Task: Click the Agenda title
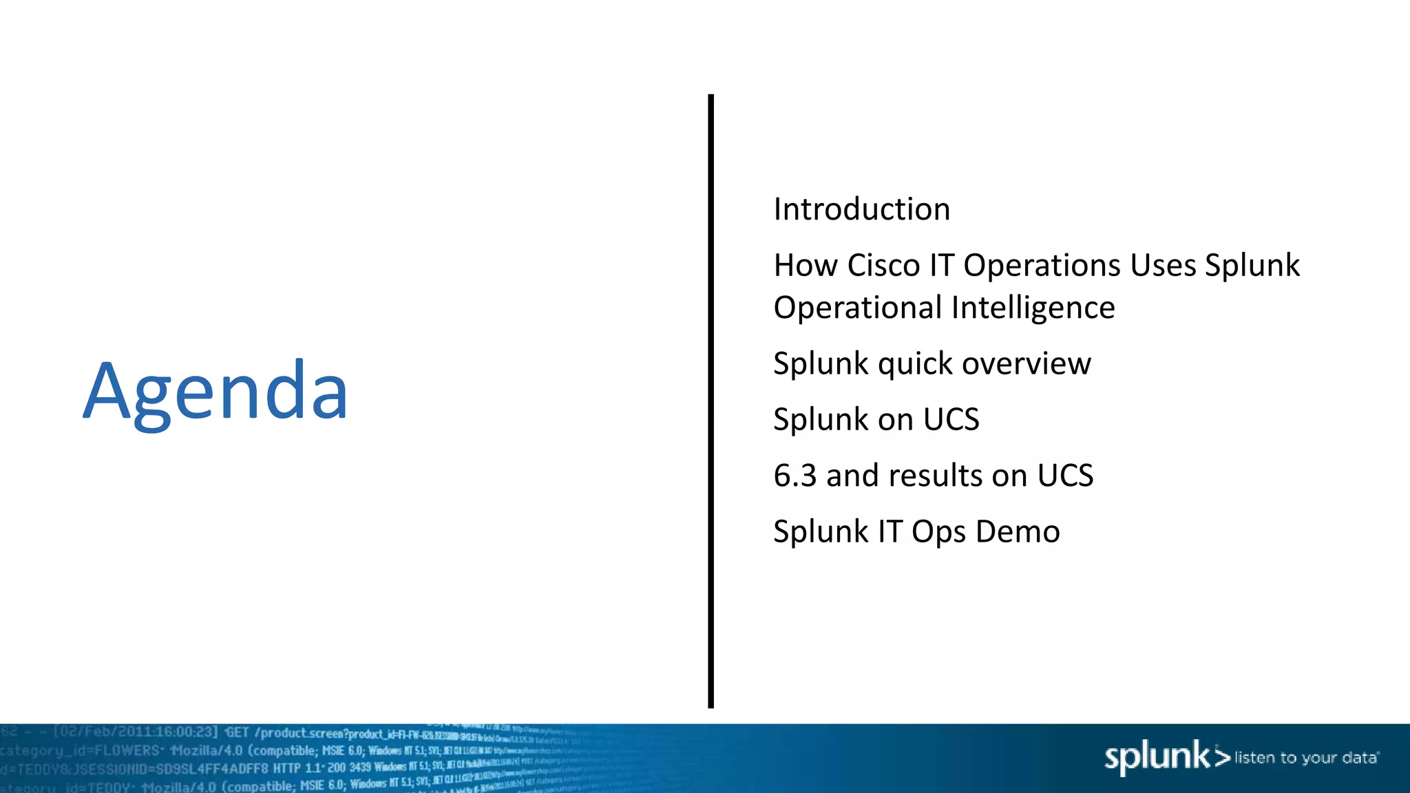(x=215, y=392)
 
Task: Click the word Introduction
(x=861, y=209)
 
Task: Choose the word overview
(x=1026, y=363)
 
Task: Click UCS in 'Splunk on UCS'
(x=951, y=419)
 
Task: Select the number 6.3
(x=795, y=476)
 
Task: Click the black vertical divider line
(x=711, y=399)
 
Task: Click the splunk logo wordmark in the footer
(x=1157, y=757)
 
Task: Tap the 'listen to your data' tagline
(x=1305, y=758)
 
